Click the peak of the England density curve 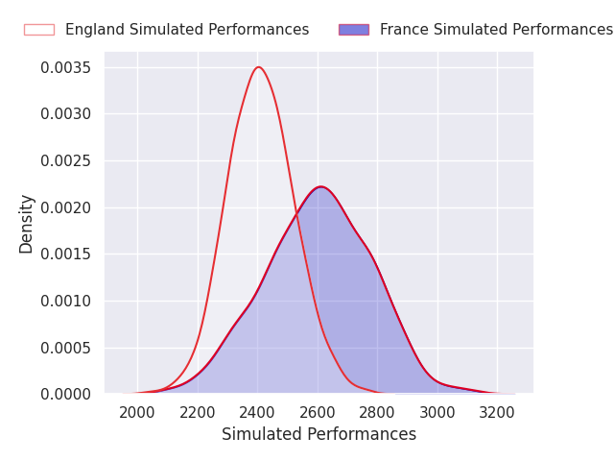(258, 67)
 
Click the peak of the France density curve (320, 187)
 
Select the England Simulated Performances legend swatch (39, 30)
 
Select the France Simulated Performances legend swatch (353, 30)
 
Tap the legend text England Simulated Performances (187, 30)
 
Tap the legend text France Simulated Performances (496, 30)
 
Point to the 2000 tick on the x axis (137, 413)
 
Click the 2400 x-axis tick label (257, 413)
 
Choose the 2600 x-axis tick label (318, 413)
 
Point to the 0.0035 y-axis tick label (65, 68)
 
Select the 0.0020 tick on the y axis (65, 207)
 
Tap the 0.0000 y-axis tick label (65, 394)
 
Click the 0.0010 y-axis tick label (65, 301)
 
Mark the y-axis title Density (27, 224)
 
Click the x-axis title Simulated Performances (319, 435)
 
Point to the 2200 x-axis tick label (198, 413)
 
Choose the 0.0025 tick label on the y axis (65, 161)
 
